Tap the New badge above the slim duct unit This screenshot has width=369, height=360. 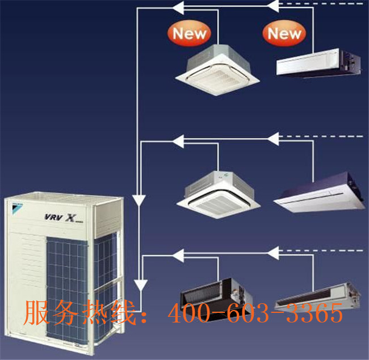coord(284,34)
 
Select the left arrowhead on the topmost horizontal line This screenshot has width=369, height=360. coord(178,7)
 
